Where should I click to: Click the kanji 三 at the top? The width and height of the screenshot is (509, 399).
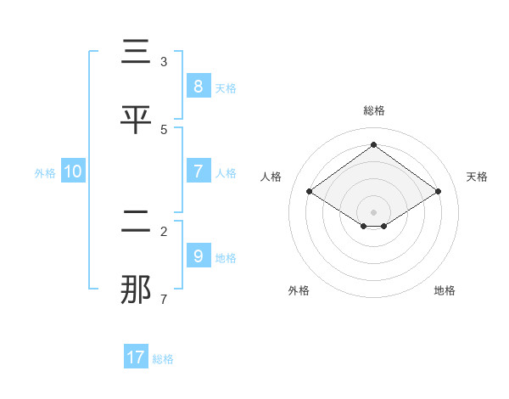137,53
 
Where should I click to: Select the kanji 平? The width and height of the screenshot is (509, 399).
137,121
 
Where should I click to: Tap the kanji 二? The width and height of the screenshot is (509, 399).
137,222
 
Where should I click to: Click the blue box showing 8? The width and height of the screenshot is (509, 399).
198,86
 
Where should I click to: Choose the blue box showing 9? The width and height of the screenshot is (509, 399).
198,256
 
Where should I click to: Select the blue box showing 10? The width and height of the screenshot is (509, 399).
73,171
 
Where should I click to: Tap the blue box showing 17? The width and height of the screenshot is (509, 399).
136,357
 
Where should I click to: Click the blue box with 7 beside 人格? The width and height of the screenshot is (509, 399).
198,171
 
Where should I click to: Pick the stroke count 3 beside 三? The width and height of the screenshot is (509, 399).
164,62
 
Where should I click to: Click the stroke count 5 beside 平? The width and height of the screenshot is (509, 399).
164,130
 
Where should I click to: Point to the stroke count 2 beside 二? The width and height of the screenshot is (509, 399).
164,232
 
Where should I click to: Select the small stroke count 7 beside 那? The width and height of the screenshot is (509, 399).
164,300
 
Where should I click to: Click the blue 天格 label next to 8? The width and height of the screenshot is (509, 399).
226,87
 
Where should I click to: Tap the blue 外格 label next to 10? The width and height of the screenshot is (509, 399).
45,173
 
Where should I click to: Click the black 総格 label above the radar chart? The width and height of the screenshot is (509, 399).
374,110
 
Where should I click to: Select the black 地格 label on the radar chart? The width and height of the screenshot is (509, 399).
445,290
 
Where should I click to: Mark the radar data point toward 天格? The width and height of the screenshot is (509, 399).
438,192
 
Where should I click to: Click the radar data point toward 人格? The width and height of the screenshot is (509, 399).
309,192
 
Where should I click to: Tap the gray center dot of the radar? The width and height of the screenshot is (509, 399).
373,211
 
